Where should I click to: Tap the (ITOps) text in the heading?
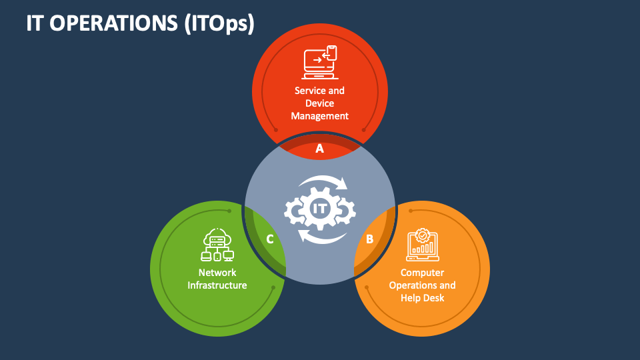click(220, 23)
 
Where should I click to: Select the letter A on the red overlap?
click(320, 149)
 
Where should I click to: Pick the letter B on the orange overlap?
click(369, 239)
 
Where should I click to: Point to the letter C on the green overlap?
click(270, 239)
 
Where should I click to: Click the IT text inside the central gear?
click(320, 209)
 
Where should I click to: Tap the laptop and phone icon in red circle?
click(321, 61)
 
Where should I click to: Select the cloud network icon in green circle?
click(217, 245)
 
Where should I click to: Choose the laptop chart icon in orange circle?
click(422, 245)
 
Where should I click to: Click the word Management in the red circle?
click(320, 116)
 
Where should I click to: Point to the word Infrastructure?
click(217, 285)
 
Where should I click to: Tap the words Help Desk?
click(423, 298)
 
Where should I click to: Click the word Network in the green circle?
click(217, 273)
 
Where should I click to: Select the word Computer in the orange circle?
click(423, 273)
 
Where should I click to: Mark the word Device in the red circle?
click(320, 103)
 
